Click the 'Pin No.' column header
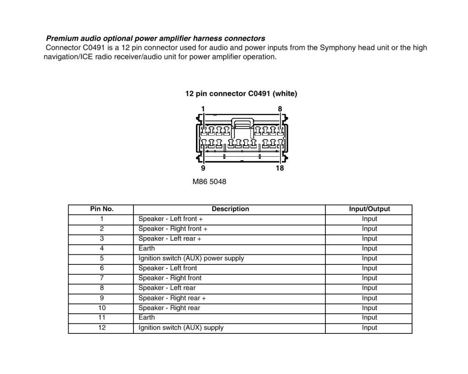coord(101,209)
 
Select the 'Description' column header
coord(230,209)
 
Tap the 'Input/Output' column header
coord(369,209)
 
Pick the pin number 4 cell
coord(101,248)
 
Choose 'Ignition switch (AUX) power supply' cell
coord(191,258)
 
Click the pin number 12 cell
coord(101,327)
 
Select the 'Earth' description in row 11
coord(147,317)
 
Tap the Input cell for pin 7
coord(369,278)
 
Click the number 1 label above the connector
coord(203,109)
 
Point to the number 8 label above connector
coord(280,109)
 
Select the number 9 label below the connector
coord(203,168)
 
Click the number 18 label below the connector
coord(280,168)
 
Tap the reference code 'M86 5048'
coord(209,182)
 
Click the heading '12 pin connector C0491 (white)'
coord(241,94)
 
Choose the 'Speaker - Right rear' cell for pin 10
coord(169,308)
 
